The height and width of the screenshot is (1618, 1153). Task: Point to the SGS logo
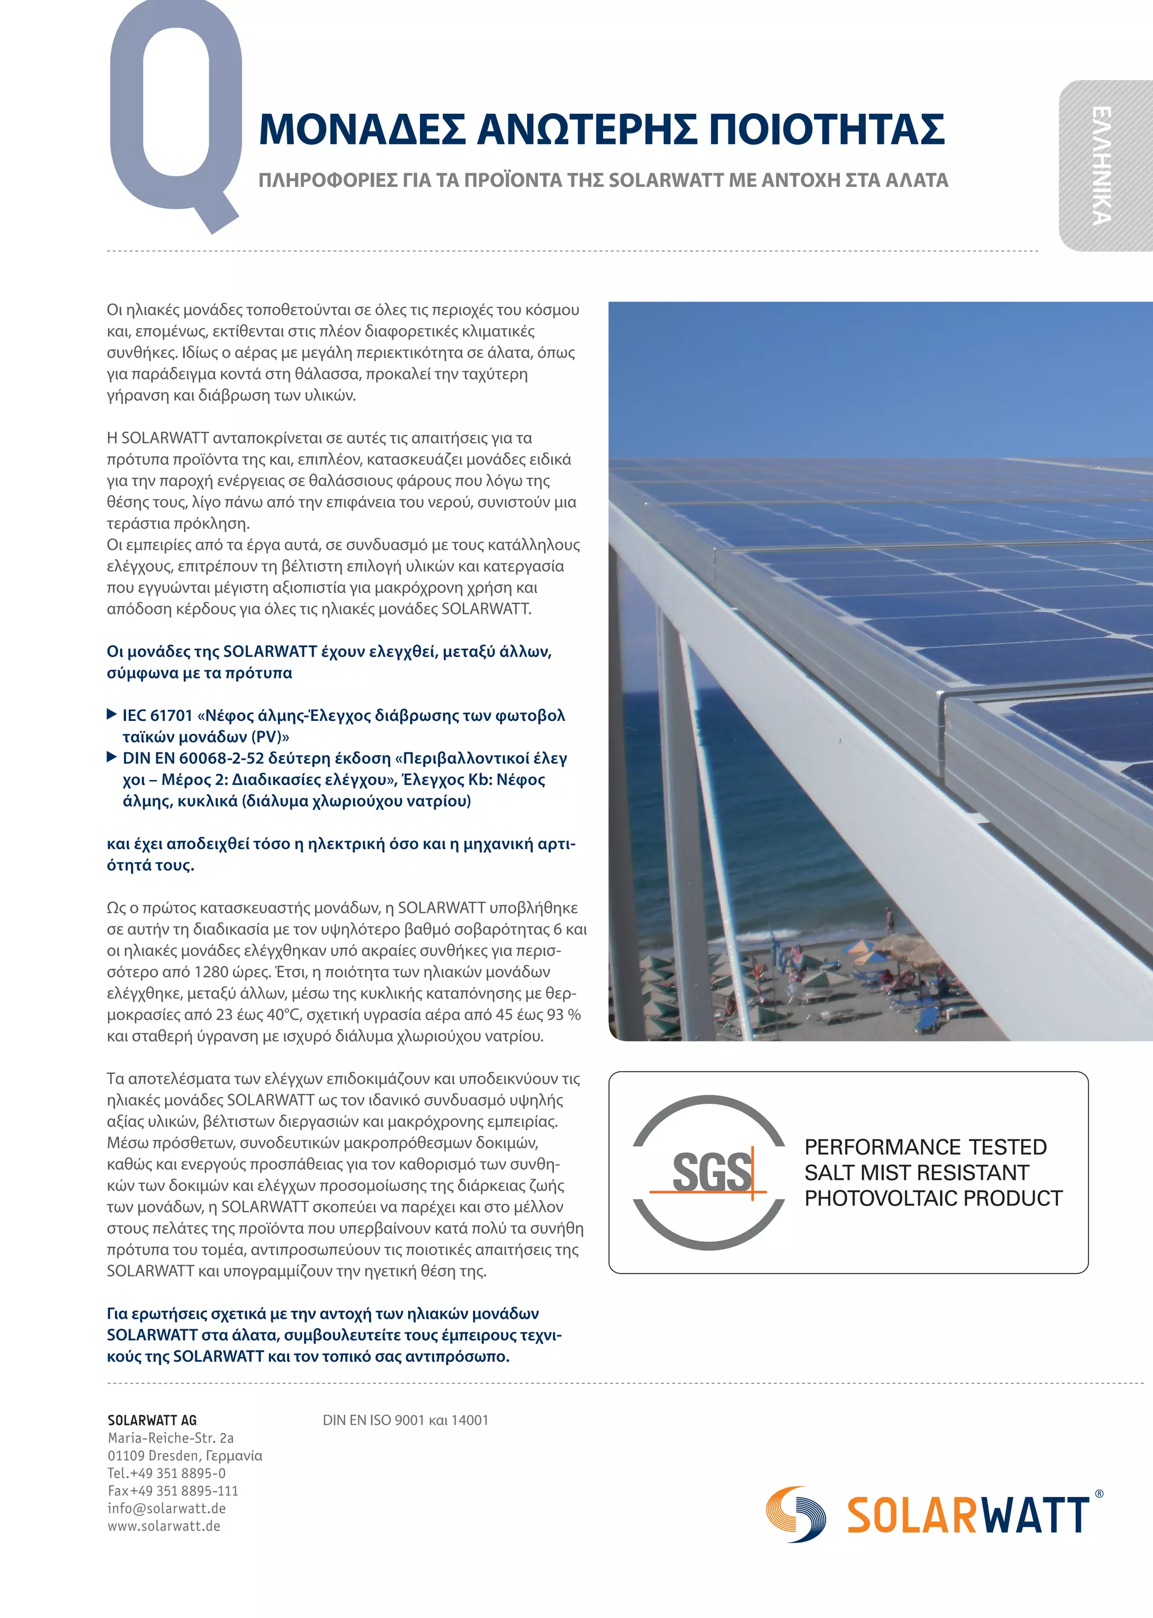tap(709, 1172)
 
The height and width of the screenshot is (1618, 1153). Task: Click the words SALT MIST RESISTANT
tap(916, 1172)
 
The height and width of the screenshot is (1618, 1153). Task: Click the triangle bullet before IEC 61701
tap(111, 714)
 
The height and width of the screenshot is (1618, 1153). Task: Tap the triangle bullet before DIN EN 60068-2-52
tap(111, 757)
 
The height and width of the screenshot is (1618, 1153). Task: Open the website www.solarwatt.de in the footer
tap(164, 1526)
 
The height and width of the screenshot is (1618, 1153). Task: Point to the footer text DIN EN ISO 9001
tap(373, 1420)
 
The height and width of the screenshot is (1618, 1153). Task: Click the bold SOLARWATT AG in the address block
tap(152, 1420)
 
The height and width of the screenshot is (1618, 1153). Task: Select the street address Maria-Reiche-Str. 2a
tap(171, 1438)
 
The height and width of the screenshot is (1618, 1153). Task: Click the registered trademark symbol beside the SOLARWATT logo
tap(1100, 1494)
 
